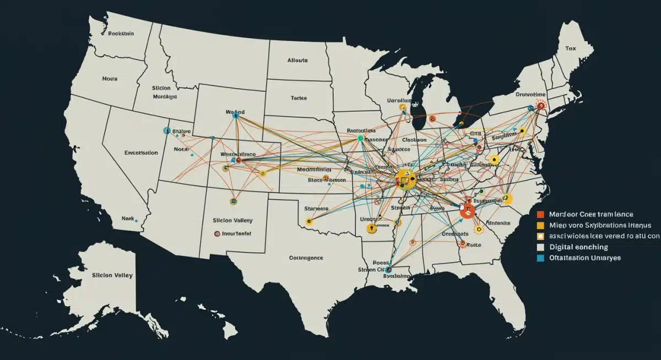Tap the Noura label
[110, 79]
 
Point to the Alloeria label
[297, 61]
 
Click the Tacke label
[299, 97]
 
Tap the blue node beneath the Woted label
[236, 116]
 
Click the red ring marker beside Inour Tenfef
[217, 233]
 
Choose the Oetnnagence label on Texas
[306, 257]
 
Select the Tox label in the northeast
[570, 48]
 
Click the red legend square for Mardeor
[540, 214]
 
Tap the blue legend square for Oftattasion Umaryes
[540, 258]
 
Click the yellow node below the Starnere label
[309, 221]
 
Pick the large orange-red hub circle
[468, 211]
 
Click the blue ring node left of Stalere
[167, 131]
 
